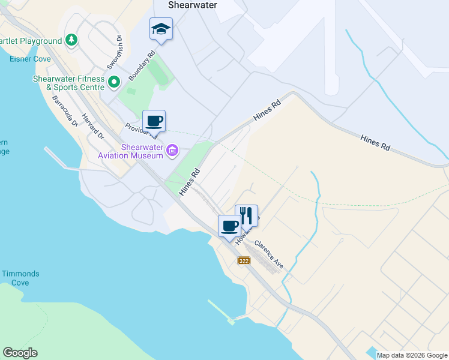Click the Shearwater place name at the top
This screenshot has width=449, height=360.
pyautogui.click(x=192, y=5)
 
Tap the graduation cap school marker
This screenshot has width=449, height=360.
pyautogui.click(x=161, y=29)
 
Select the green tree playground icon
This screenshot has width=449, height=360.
pyautogui.click(x=71, y=40)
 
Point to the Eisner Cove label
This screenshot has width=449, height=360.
pyautogui.click(x=30, y=59)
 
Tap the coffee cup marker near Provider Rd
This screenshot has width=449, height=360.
pyautogui.click(x=154, y=121)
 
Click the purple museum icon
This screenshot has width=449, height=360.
pyautogui.click(x=172, y=149)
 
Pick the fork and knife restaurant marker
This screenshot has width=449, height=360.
pyautogui.click(x=246, y=215)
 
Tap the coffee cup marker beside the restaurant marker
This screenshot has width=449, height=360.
pyautogui.click(x=229, y=226)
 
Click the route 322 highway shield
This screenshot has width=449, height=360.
pyautogui.click(x=244, y=261)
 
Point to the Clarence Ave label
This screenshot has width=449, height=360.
pyautogui.click(x=269, y=254)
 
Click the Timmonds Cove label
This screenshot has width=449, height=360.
pyautogui.click(x=20, y=278)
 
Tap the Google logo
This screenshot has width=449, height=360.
pyautogui.click(x=20, y=353)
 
